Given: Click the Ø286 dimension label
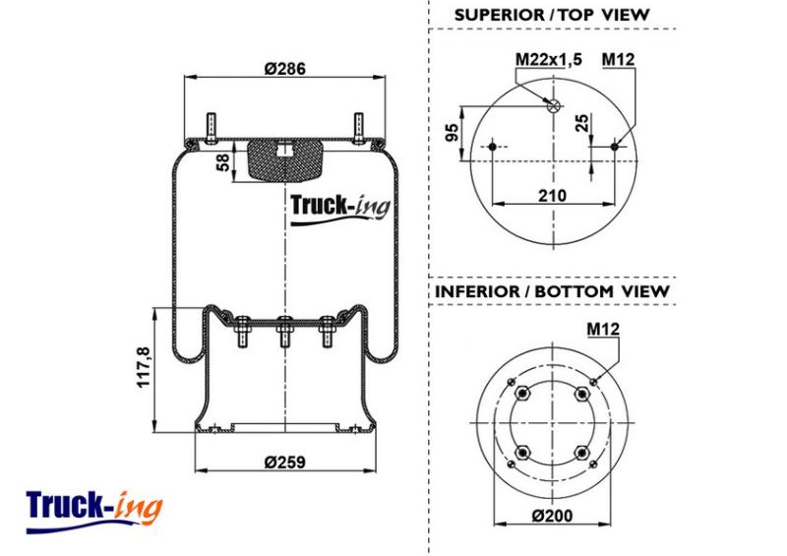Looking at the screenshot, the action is (x=284, y=68).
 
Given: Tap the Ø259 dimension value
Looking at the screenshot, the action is (x=284, y=462).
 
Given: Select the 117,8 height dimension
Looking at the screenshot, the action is (x=144, y=367).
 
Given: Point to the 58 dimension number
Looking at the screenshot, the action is (x=223, y=162).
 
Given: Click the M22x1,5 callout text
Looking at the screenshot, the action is (x=549, y=59).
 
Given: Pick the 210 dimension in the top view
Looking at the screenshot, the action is (x=552, y=195).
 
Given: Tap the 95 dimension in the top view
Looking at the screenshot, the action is (x=453, y=133).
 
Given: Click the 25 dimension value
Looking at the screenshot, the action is (x=581, y=123).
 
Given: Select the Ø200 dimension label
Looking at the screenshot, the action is (x=552, y=516).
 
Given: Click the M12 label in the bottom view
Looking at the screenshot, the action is (x=603, y=329).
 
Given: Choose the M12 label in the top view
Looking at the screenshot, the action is (x=619, y=59).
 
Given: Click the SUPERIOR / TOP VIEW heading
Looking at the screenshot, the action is (x=552, y=15).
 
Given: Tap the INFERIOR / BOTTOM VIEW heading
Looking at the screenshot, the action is (x=552, y=291).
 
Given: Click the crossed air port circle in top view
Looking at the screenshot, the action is (x=554, y=105).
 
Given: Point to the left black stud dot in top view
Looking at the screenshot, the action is (x=492, y=147).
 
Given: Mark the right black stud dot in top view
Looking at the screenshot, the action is (x=615, y=147).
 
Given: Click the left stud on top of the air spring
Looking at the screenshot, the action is (x=211, y=128).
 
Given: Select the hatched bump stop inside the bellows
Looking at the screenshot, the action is (x=285, y=160).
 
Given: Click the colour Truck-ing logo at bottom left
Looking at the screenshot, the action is (x=94, y=511).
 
